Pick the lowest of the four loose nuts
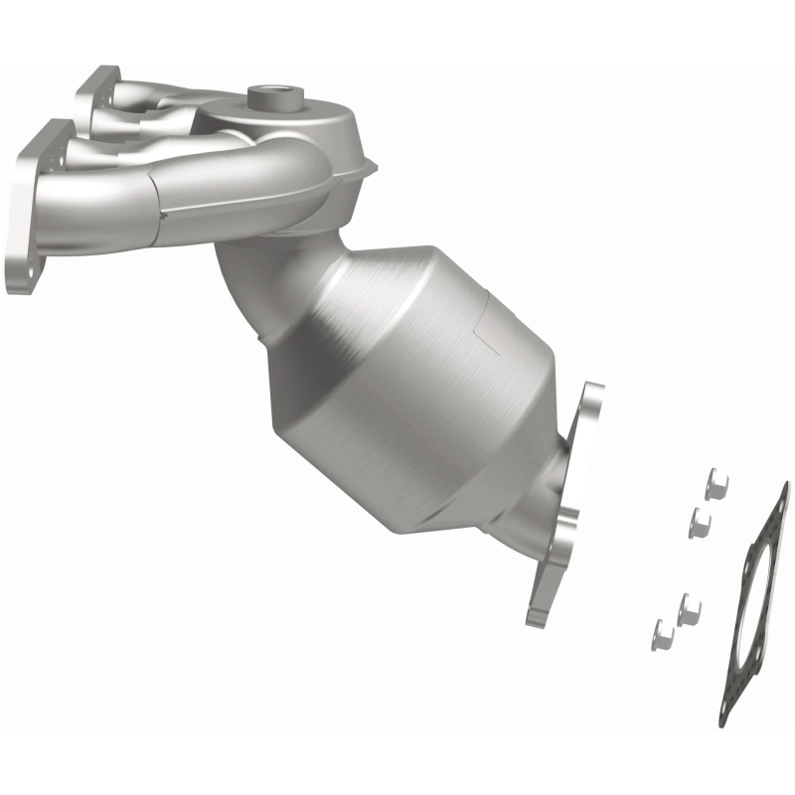pos(663,633)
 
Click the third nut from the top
pos(689,608)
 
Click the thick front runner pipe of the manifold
pos(229,184)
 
